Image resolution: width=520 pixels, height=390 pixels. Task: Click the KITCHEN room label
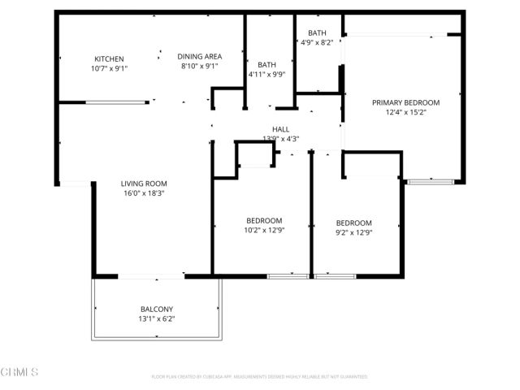point(109,58)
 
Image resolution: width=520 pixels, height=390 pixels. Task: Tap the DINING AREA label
point(200,56)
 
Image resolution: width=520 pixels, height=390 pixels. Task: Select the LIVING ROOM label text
point(144,184)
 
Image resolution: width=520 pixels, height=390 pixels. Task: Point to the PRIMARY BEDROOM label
point(405,102)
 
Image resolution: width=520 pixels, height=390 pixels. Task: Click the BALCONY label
point(157,309)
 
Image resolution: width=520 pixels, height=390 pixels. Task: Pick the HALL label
point(280,129)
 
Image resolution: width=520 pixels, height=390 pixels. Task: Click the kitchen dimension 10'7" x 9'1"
point(109,68)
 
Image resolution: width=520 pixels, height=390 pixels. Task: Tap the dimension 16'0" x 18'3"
point(144,193)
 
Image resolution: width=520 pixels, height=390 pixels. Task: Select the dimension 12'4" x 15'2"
point(405,112)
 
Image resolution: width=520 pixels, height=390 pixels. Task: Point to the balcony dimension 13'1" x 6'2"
point(157,318)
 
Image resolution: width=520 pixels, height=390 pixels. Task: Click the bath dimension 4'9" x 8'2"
point(316,42)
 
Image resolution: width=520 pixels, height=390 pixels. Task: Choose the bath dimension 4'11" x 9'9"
point(267,75)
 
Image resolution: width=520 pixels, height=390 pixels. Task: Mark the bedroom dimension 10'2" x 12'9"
point(264,230)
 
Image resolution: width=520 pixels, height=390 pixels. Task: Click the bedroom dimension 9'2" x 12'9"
point(353,232)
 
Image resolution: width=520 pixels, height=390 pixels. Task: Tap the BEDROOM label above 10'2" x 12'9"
point(264,220)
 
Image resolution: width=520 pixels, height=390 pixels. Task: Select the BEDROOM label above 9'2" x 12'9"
point(353,223)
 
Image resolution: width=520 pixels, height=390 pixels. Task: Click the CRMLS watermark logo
point(19,372)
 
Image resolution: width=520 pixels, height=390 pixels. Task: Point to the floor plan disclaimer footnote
point(259,377)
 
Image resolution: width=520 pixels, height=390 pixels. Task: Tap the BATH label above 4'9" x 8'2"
point(316,32)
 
